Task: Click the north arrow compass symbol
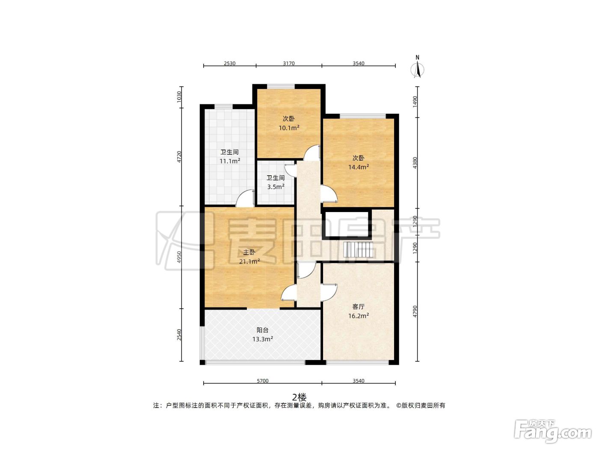click(x=417, y=67)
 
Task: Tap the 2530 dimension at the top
click(x=229, y=63)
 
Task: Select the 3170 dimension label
click(x=289, y=63)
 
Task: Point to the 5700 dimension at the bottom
click(x=263, y=381)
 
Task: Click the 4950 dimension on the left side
click(x=179, y=257)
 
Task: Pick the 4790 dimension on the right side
click(x=415, y=311)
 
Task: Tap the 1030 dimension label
click(x=179, y=97)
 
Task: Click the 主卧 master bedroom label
click(x=249, y=252)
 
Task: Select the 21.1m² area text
click(x=249, y=261)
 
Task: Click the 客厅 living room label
click(x=358, y=307)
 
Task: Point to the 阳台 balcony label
click(x=263, y=330)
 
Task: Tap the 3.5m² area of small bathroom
click(x=276, y=187)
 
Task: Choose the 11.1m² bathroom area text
click(x=230, y=161)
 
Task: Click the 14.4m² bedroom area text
click(x=359, y=167)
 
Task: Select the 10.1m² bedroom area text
click(x=289, y=127)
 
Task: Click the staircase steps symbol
click(x=358, y=249)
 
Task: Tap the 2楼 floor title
click(x=299, y=397)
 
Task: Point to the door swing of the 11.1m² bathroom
click(x=245, y=198)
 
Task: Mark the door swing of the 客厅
click(x=329, y=292)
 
